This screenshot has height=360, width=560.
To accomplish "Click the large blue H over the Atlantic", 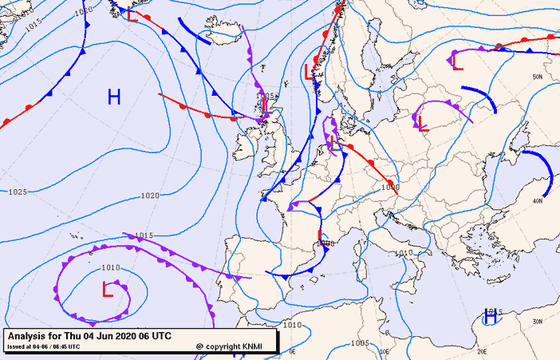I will (x=114, y=97).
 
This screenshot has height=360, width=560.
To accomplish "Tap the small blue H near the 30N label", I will (x=491, y=317).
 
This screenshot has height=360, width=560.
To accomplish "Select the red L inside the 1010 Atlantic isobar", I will (x=107, y=288).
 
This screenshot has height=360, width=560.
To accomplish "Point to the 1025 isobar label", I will (x=18, y=192).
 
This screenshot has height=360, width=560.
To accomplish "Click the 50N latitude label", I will (x=538, y=77).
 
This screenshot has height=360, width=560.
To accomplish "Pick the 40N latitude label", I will (x=538, y=201).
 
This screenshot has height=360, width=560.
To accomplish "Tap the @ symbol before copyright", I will (x=199, y=346).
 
